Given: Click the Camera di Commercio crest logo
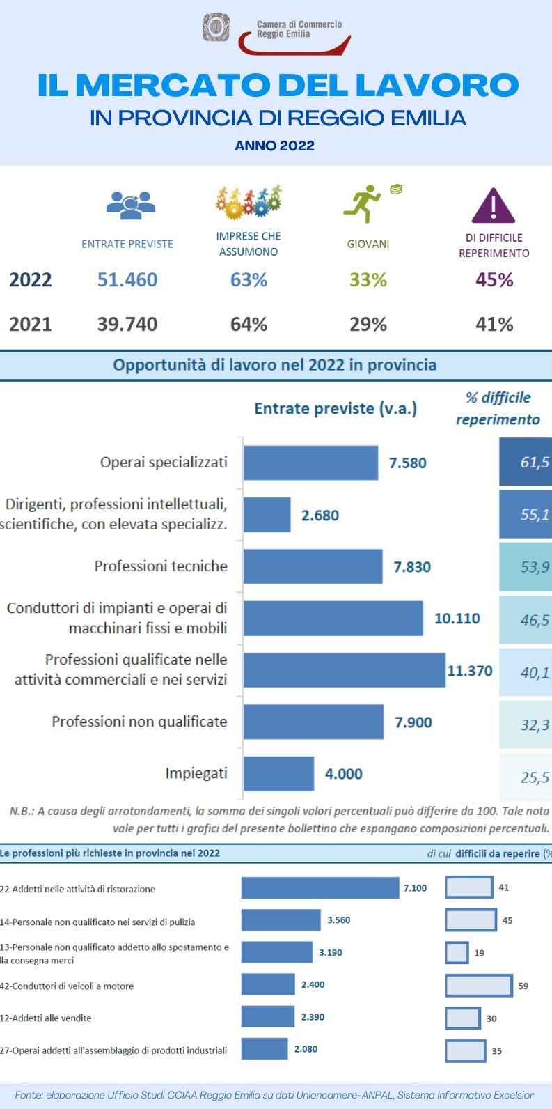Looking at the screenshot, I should click(216, 27).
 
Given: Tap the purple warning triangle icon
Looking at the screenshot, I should click(493, 205).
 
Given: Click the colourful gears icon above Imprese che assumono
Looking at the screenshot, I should click(248, 201).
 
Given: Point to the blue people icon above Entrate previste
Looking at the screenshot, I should click(130, 203).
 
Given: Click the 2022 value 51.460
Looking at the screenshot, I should click(127, 280).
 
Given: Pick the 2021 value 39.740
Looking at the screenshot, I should click(127, 324).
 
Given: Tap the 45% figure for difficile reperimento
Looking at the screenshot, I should click(494, 280).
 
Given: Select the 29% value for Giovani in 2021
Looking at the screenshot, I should click(368, 324).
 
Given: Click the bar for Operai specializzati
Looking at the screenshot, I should click(310, 463).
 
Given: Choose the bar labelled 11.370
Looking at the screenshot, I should click(344, 670).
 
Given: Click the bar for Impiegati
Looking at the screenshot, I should click(278, 773).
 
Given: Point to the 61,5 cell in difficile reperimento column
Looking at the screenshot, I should click(526, 462).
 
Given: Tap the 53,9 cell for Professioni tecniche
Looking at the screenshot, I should click(526, 566).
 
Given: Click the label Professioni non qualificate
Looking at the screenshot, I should click(139, 722).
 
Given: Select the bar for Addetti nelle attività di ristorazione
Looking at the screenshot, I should click(320, 888).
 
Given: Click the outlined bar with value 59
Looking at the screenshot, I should click(479, 986).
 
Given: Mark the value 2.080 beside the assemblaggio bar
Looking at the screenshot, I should click(306, 1049).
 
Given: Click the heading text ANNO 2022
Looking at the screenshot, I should click(275, 146).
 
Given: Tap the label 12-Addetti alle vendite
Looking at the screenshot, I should click(46, 1018).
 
